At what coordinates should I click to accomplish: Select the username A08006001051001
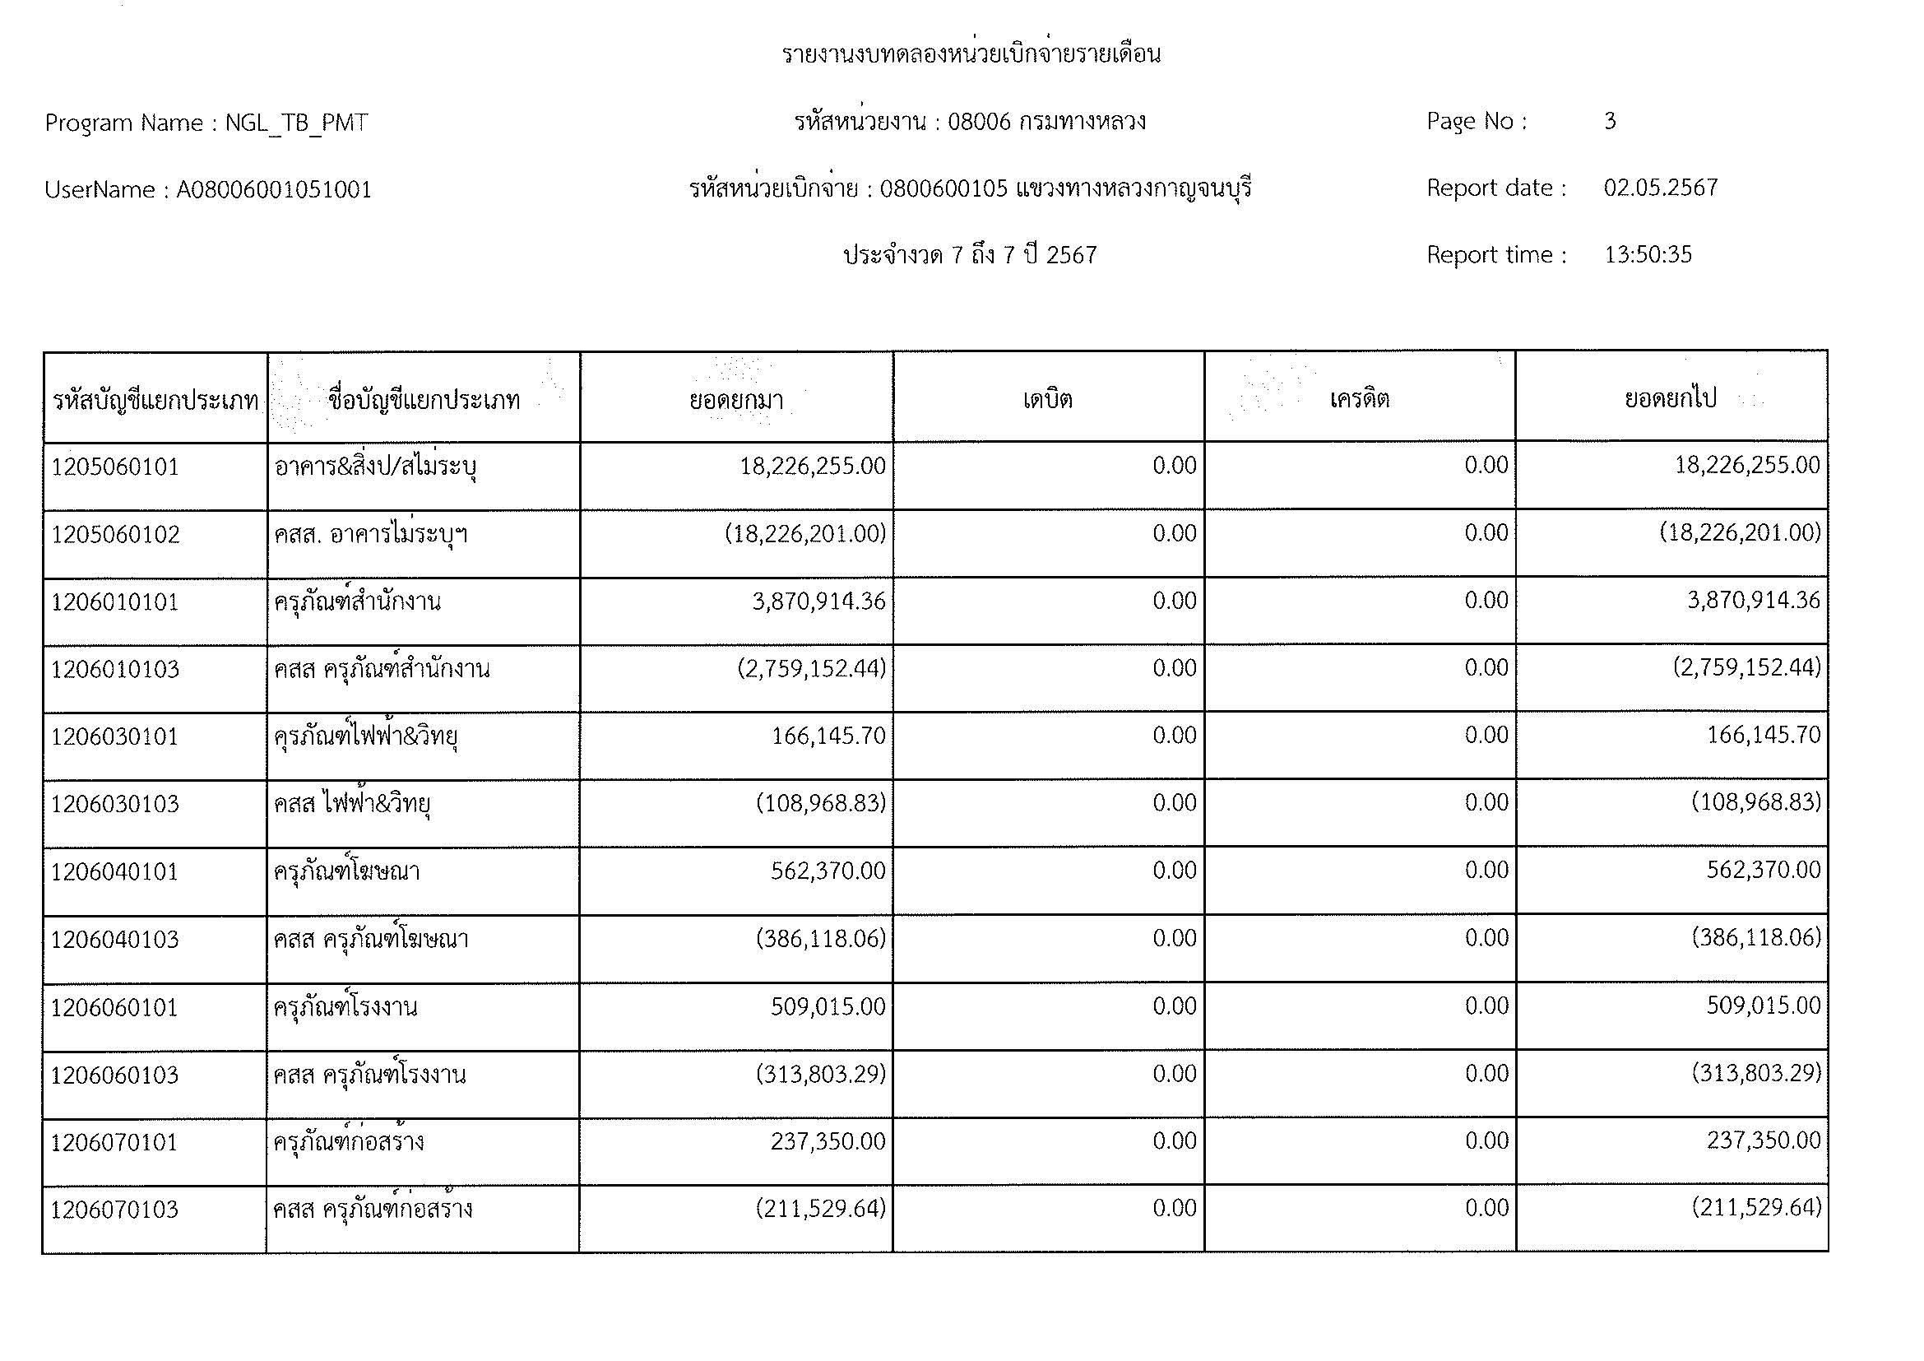point(273,190)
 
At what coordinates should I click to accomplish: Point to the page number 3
point(1610,122)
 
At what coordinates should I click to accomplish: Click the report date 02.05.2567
point(1660,188)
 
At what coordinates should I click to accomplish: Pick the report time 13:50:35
point(1648,255)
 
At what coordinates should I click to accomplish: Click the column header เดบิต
point(1047,399)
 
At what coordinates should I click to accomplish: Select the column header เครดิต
point(1359,399)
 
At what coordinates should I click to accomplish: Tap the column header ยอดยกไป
point(1670,399)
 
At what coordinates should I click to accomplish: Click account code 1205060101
point(116,467)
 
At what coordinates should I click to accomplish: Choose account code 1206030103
point(116,805)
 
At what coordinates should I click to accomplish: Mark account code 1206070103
point(115,1210)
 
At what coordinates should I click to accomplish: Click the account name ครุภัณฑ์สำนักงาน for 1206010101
point(357,602)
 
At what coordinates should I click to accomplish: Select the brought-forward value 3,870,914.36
point(818,601)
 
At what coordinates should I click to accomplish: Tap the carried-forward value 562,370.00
point(1763,871)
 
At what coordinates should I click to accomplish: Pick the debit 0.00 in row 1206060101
point(1174,1006)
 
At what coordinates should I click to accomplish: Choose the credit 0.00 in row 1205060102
point(1486,534)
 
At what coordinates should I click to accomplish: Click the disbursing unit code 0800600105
point(943,189)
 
